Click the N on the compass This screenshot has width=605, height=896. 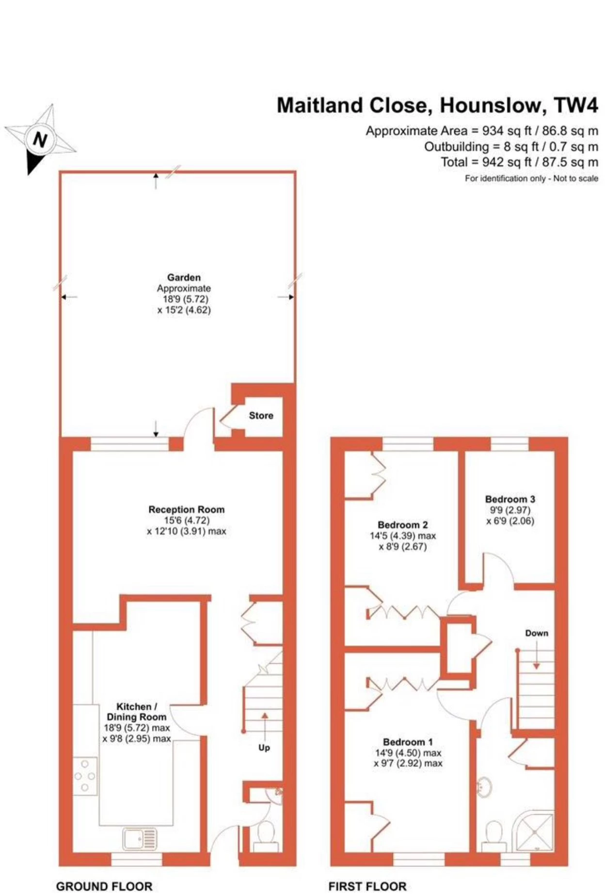pyautogui.click(x=40, y=140)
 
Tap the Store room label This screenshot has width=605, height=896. pyautogui.click(x=261, y=415)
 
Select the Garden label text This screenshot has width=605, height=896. pyautogui.click(x=184, y=277)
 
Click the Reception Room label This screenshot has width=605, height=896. pyautogui.click(x=187, y=509)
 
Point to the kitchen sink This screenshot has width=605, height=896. pyautogui.click(x=140, y=839)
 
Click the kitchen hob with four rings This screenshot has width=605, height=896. pyautogui.click(x=85, y=776)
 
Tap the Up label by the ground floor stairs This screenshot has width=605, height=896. pyautogui.click(x=264, y=748)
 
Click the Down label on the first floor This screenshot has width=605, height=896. pyautogui.click(x=537, y=633)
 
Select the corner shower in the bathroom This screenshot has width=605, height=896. pyautogui.click(x=535, y=831)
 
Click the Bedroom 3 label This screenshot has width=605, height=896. pyautogui.click(x=510, y=499)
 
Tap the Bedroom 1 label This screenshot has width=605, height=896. pyautogui.click(x=408, y=742)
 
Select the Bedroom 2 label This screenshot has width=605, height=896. pyautogui.click(x=403, y=524)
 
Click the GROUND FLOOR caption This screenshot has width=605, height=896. pyautogui.click(x=104, y=886)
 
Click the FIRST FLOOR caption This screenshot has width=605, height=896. pyautogui.click(x=367, y=886)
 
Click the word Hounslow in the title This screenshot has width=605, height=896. pyautogui.click(x=490, y=105)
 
